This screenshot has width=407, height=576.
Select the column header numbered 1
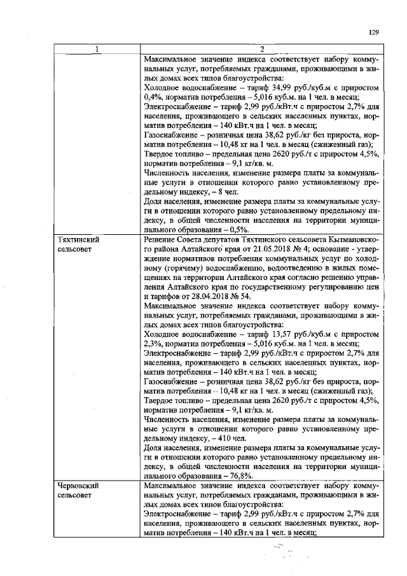coord(97,50)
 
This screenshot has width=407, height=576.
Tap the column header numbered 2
coord(261,50)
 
